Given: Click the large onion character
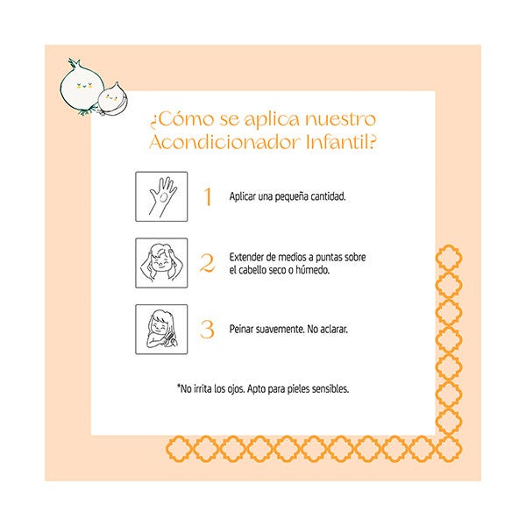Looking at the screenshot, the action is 82,88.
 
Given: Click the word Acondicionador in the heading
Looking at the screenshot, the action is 224,142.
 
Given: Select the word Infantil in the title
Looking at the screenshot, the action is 340,142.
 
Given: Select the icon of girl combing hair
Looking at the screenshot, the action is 161,330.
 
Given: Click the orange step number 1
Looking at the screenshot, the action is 208,196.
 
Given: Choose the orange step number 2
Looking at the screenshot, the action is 207,263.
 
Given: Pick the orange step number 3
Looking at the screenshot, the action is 207,329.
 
